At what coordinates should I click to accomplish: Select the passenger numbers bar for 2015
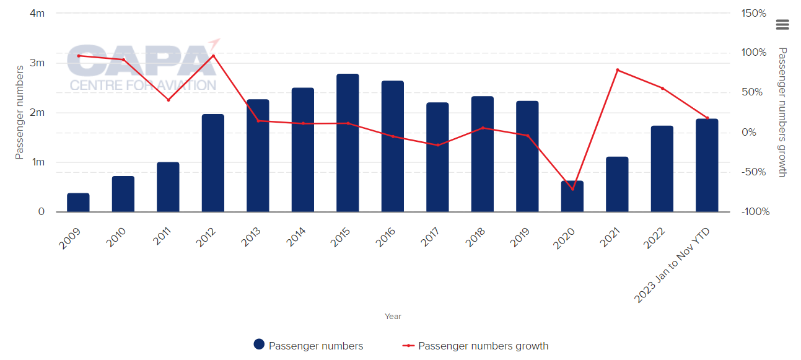pyautogui.click(x=348, y=143)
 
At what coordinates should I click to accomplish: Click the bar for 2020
pyautogui.click(x=572, y=196)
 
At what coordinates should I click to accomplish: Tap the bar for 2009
pyautogui.click(x=78, y=203)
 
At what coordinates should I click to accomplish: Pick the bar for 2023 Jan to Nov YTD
pyautogui.click(x=707, y=165)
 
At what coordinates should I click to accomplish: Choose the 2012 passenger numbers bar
pyautogui.click(x=213, y=163)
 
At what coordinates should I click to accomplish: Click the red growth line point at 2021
pyautogui.click(x=618, y=70)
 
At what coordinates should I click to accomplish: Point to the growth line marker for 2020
pyautogui.click(x=572, y=189)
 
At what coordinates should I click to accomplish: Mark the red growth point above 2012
pyautogui.click(x=213, y=56)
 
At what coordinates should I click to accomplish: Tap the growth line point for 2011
pyautogui.click(x=169, y=100)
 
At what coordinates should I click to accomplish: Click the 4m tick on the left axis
pyautogui.click(x=37, y=13)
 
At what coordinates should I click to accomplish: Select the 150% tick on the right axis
pyautogui.click(x=754, y=13)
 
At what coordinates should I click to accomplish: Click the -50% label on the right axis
pyautogui.click(x=754, y=172)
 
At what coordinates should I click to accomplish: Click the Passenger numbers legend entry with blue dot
pyautogui.click(x=309, y=346)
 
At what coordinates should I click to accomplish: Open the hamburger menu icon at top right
pyautogui.click(x=782, y=24)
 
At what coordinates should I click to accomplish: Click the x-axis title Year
pyautogui.click(x=393, y=316)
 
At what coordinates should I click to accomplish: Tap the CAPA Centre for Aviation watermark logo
pyautogui.click(x=142, y=67)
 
